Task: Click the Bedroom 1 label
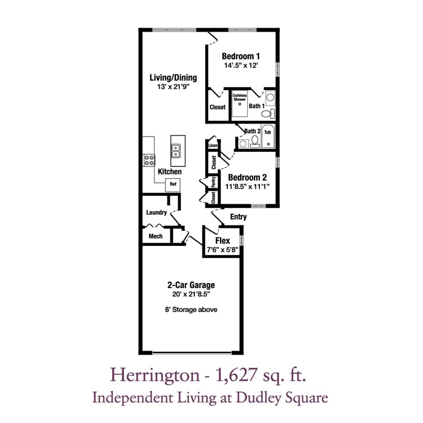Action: (x=241, y=56)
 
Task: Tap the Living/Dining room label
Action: (x=173, y=78)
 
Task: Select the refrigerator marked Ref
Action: (x=173, y=185)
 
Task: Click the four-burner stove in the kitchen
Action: (x=149, y=160)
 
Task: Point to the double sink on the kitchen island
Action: (x=176, y=151)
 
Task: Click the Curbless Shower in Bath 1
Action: (x=240, y=103)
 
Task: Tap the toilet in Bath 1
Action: (x=267, y=113)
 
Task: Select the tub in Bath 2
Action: (x=268, y=136)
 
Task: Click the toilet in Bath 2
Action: (x=255, y=142)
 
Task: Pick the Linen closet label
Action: (x=213, y=146)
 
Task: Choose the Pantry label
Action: (x=213, y=182)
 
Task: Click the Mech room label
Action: (x=156, y=236)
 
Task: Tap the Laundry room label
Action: (x=156, y=213)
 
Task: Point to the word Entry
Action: (x=238, y=217)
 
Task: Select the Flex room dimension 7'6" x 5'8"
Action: (x=223, y=250)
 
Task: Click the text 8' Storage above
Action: (x=191, y=310)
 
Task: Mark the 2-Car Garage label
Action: (x=191, y=285)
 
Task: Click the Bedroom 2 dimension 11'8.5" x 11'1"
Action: (x=248, y=187)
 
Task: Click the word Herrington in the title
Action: (x=155, y=376)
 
